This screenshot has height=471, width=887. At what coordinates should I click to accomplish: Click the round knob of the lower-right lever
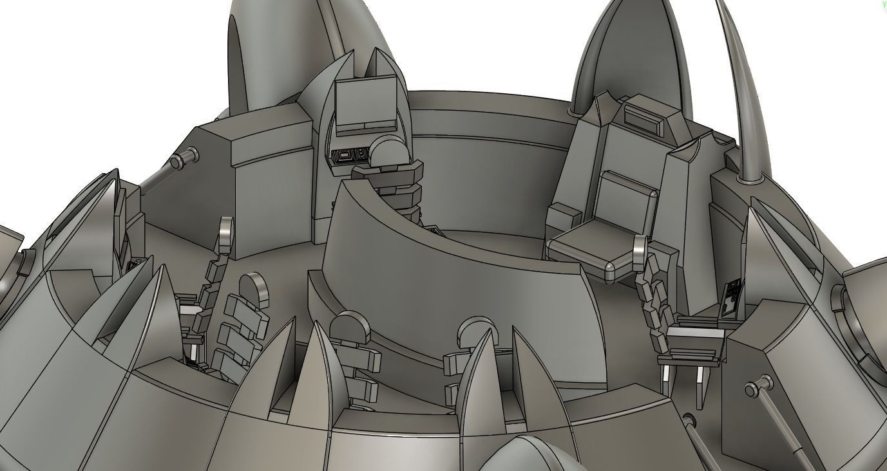[752, 390]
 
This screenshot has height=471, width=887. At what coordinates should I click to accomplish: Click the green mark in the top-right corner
[883, 3]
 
